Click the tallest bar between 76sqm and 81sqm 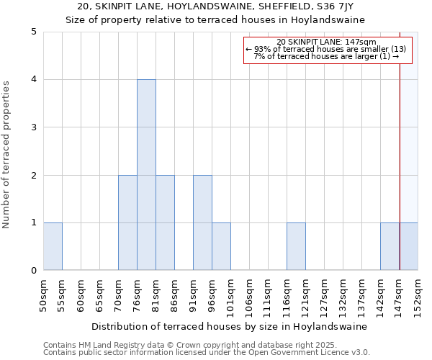146,175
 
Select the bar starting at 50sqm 53,246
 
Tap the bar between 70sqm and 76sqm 127,222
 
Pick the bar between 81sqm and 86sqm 165,222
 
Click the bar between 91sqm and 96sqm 202,222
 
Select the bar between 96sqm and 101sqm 221,246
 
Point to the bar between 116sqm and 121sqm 296,246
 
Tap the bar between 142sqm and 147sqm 390,246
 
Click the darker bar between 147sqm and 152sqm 408,246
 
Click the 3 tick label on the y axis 33,127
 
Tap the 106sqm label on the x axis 250,295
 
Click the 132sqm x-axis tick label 343,295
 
